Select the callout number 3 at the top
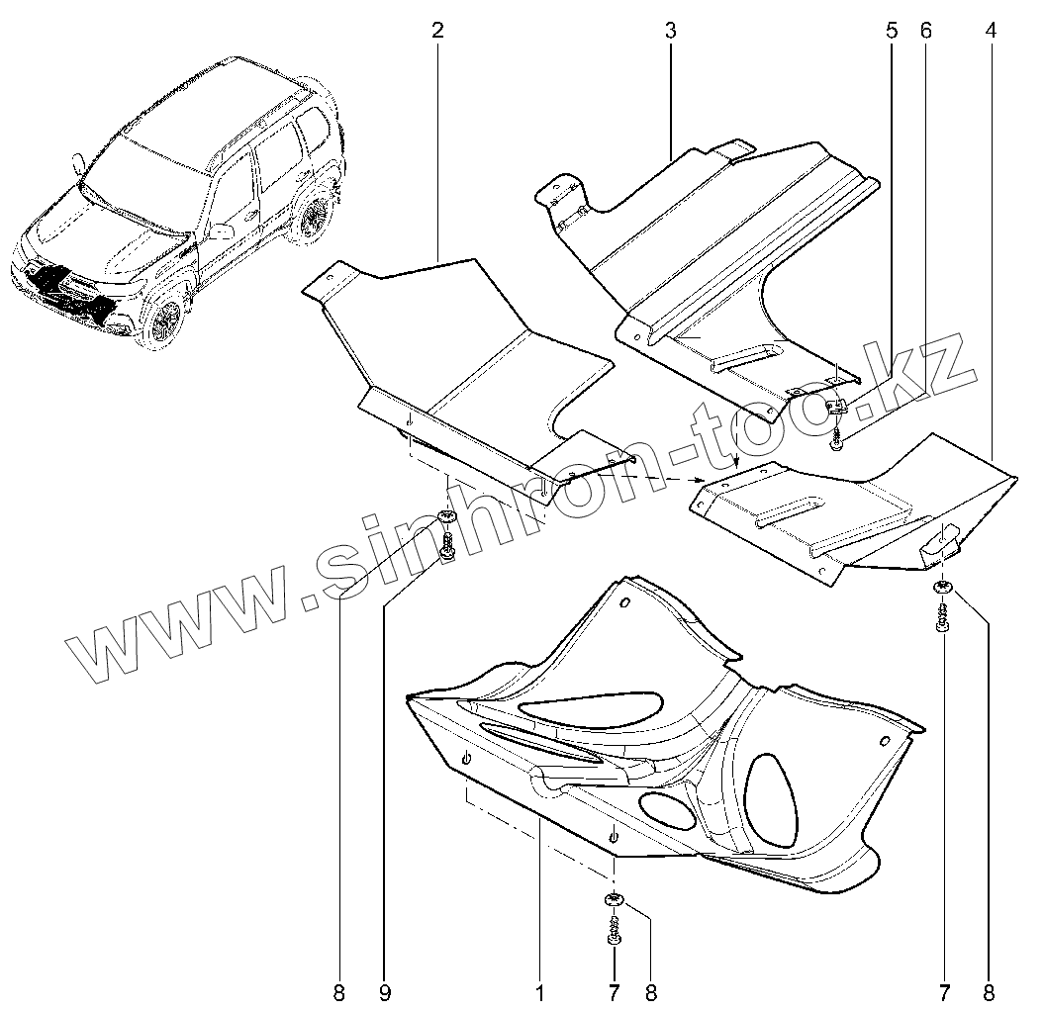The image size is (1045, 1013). [x=670, y=30]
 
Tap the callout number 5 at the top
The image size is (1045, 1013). [x=892, y=30]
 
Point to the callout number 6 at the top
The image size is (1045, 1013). [x=926, y=30]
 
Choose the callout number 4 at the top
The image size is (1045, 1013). [x=991, y=30]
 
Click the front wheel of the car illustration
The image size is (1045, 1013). [x=165, y=319]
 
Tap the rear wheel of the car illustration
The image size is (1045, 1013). [x=316, y=218]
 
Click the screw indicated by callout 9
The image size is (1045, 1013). [x=447, y=547]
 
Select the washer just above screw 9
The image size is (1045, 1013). [x=445, y=516]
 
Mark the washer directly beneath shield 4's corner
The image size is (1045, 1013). [x=942, y=590]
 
